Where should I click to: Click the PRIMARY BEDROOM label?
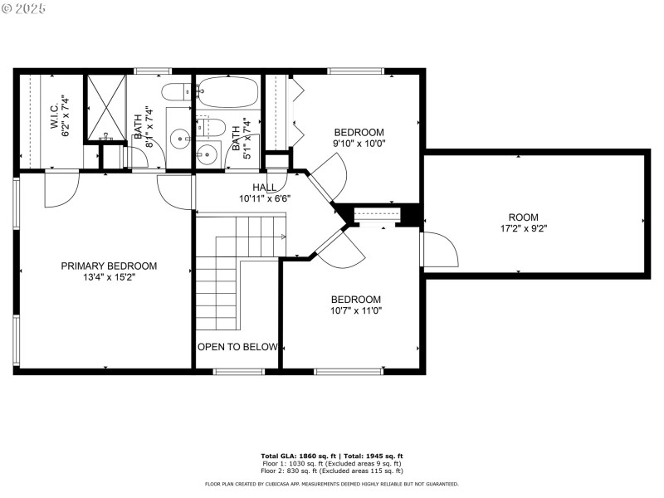click(x=109, y=266)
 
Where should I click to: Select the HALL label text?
click(x=265, y=188)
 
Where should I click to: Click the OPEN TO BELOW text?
click(x=237, y=347)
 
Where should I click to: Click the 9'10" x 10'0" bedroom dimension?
click(x=359, y=143)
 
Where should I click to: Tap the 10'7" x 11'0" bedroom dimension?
click(x=355, y=310)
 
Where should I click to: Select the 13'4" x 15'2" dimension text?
click(x=109, y=277)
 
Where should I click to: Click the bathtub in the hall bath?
click(x=227, y=92)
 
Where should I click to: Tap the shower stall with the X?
click(x=106, y=108)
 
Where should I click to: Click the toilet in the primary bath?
click(x=176, y=92)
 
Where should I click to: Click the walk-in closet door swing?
click(x=58, y=190)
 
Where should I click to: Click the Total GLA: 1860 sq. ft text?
click(x=298, y=456)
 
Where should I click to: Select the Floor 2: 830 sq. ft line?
click(x=332, y=471)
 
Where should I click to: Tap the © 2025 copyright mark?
click(x=25, y=8)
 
